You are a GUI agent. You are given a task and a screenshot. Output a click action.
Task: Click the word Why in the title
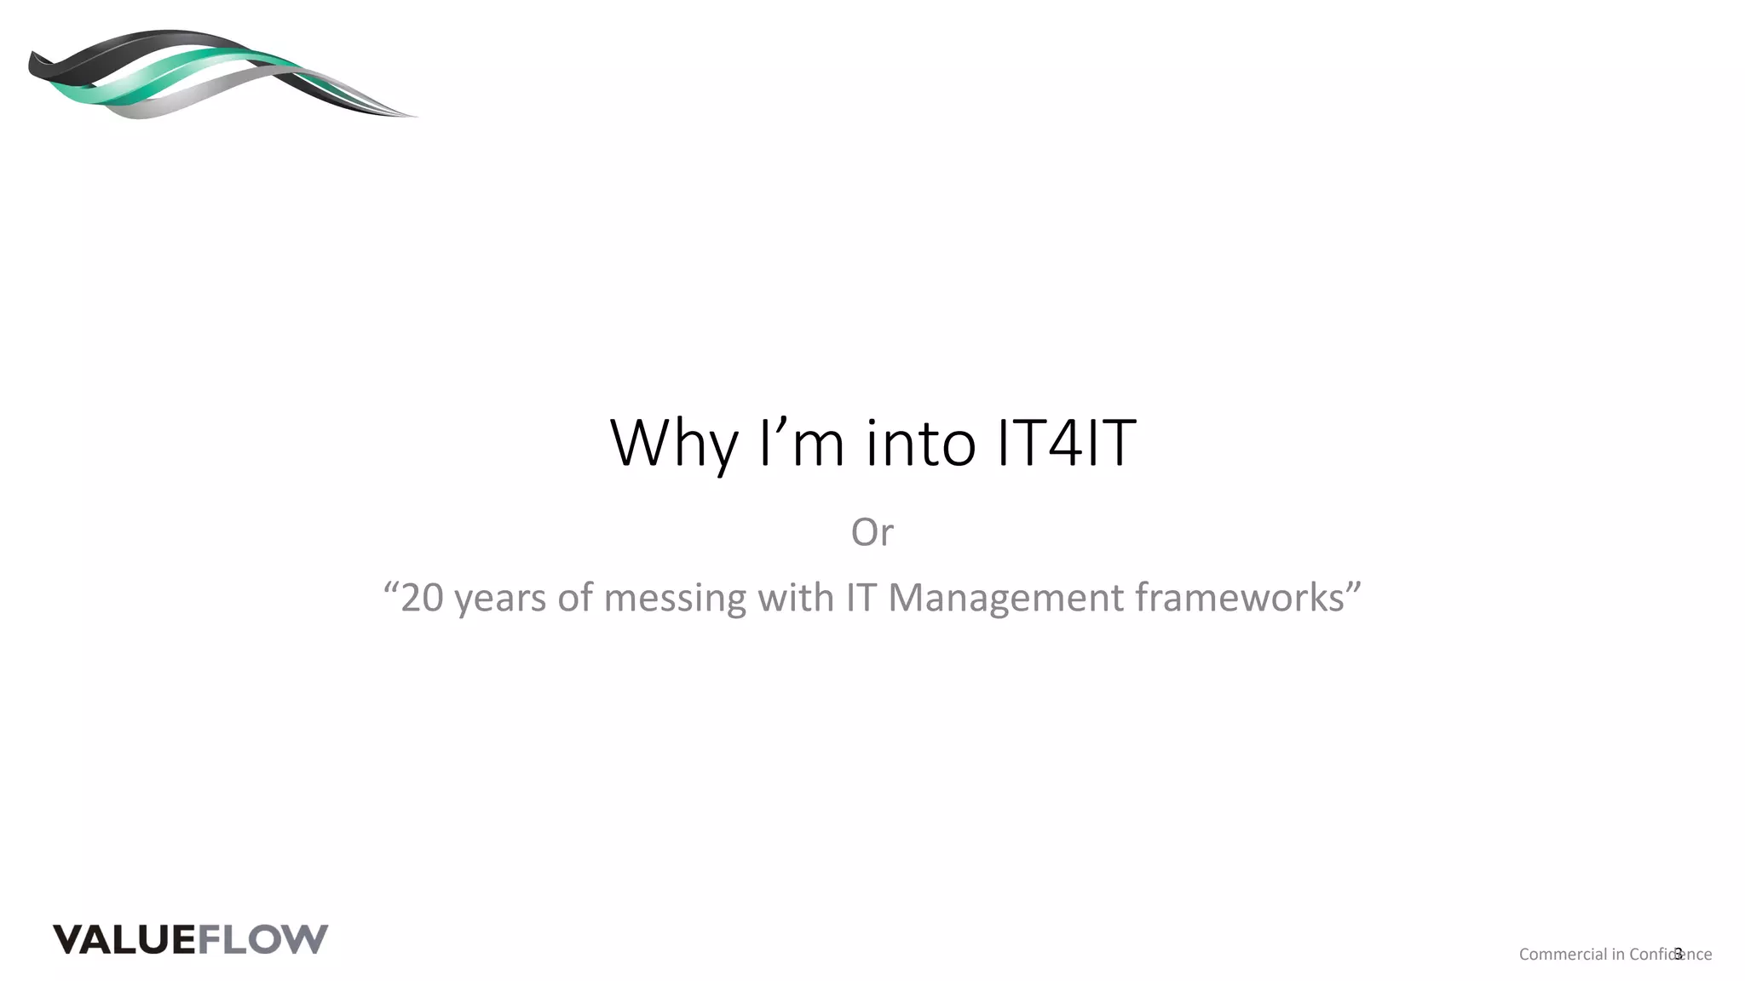click(673, 443)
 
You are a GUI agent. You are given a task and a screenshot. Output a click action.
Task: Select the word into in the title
click(920, 443)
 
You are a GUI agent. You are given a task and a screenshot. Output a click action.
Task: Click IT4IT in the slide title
click(1066, 443)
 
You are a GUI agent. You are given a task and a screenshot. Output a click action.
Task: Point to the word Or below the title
click(872, 532)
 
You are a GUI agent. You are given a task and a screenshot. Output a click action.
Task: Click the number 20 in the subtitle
click(422, 598)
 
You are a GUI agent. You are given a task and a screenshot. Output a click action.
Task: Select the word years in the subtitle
click(501, 598)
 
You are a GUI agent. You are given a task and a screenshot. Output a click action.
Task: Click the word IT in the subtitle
click(861, 598)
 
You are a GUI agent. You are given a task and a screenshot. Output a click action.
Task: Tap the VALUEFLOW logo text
click(190, 939)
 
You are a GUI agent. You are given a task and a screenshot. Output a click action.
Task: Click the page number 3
click(1679, 954)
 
